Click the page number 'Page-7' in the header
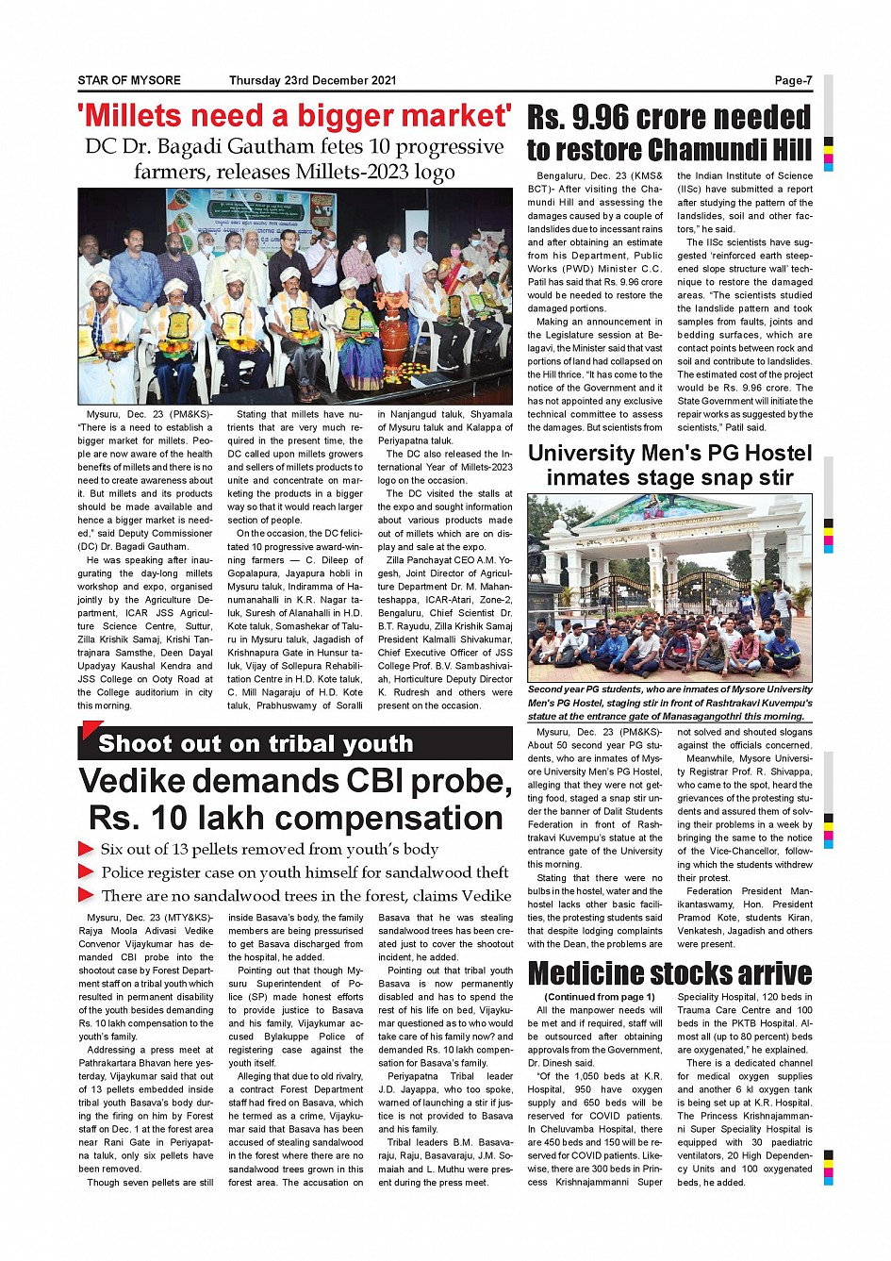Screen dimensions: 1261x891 pyautogui.click(x=793, y=81)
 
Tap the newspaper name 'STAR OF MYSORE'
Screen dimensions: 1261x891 pyautogui.click(x=129, y=81)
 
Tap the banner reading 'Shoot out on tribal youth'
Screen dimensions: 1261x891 pyautogui.click(x=256, y=744)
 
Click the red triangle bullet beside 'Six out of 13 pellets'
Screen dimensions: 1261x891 pyautogui.click(x=86, y=850)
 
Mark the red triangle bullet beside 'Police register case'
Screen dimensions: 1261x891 pyautogui.click(x=86, y=872)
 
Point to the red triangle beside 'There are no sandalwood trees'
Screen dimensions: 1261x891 pyautogui.click(x=86, y=895)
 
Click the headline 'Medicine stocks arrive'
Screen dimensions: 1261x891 pyautogui.click(x=669, y=973)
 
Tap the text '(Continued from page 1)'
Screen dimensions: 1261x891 pyautogui.click(x=600, y=997)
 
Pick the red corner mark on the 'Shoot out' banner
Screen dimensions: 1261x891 pyautogui.click(x=91, y=729)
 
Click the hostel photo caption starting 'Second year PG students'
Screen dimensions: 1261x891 pyautogui.click(x=669, y=703)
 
